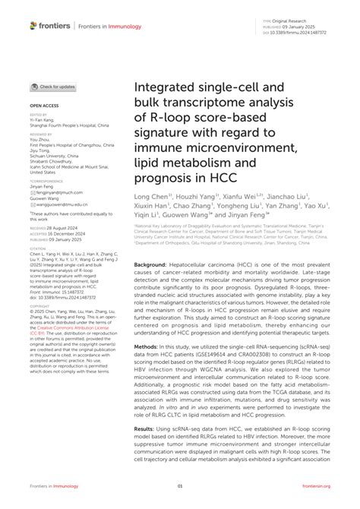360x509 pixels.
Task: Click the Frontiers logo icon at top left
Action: click(33, 26)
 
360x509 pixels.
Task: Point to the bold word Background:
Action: click(154, 264)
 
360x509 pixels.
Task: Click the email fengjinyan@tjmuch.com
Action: click(61, 194)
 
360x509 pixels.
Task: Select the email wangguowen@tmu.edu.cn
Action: click(62, 204)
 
